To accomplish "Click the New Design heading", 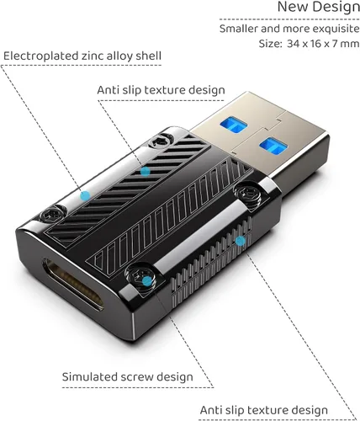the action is coord(319,7).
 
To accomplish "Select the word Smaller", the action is coord(239,29).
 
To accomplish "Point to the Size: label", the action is coord(270,44).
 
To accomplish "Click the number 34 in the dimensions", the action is coord(293,44).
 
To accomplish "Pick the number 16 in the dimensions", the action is coord(316,44).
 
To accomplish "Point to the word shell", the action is coord(149,56).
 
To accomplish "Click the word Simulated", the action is coord(89,377).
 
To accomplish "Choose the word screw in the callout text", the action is coord(137,377).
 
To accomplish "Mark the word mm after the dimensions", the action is coord(350,44).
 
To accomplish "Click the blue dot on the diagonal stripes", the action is coord(145,171).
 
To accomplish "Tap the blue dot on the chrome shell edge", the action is coord(85,196).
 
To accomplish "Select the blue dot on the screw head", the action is coord(147,281).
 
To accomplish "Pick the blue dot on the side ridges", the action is coord(241,241).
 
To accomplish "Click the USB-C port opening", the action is coord(73,285).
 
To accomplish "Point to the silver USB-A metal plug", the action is coord(259,133).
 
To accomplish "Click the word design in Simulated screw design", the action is coord(175,377).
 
